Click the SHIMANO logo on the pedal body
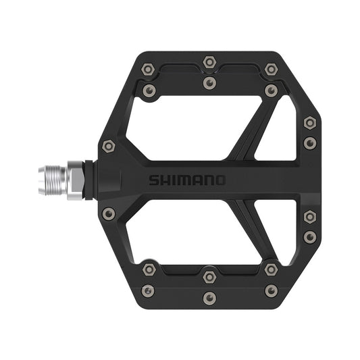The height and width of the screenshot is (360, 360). [188, 180]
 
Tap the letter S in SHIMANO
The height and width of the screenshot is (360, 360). [154, 180]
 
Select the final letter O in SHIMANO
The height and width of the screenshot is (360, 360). [220, 180]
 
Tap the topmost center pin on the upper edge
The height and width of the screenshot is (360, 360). [209, 62]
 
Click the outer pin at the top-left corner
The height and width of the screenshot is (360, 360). [148, 69]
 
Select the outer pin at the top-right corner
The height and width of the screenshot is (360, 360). [271, 69]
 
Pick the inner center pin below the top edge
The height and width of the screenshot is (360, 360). [209, 82]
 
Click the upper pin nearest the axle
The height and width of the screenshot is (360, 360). [108, 146]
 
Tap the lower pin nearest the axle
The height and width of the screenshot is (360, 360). [108, 214]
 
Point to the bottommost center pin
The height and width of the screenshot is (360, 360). [209, 298]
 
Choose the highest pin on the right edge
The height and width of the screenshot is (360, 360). [309, 123]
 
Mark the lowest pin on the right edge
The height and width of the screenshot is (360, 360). [309, 237]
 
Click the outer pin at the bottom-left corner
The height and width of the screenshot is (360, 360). [148, 291]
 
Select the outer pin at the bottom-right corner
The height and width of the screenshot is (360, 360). [271, 291]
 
